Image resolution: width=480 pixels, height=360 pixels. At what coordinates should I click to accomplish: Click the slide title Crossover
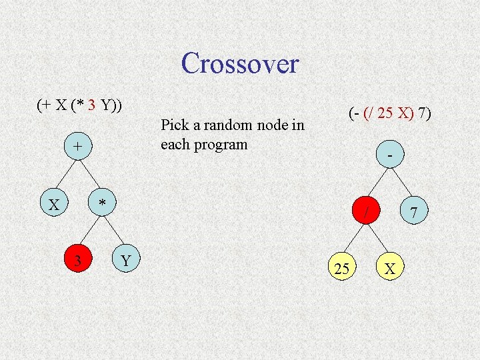coord(239,64)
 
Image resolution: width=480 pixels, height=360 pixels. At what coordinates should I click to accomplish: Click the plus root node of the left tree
coord(78,146)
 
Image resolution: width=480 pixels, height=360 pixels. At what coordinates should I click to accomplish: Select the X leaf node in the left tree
coord(54,204)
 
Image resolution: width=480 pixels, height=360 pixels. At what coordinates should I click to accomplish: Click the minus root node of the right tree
coord(389,154)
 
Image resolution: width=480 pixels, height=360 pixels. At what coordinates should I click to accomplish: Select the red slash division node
coord(365,211)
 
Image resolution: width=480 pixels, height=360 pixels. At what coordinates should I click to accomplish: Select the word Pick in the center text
coord(175,125)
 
